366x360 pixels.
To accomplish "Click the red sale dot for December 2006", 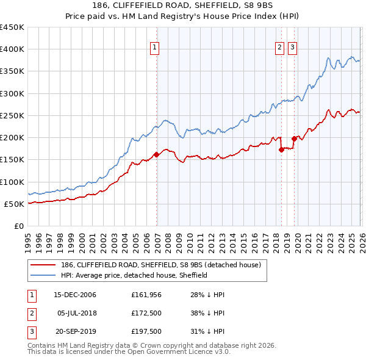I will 157,154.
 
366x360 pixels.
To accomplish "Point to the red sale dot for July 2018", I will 281,149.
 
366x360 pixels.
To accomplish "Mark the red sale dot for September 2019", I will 294,139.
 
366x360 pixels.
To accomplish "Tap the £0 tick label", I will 18,226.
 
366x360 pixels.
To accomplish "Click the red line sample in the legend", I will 43,265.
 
